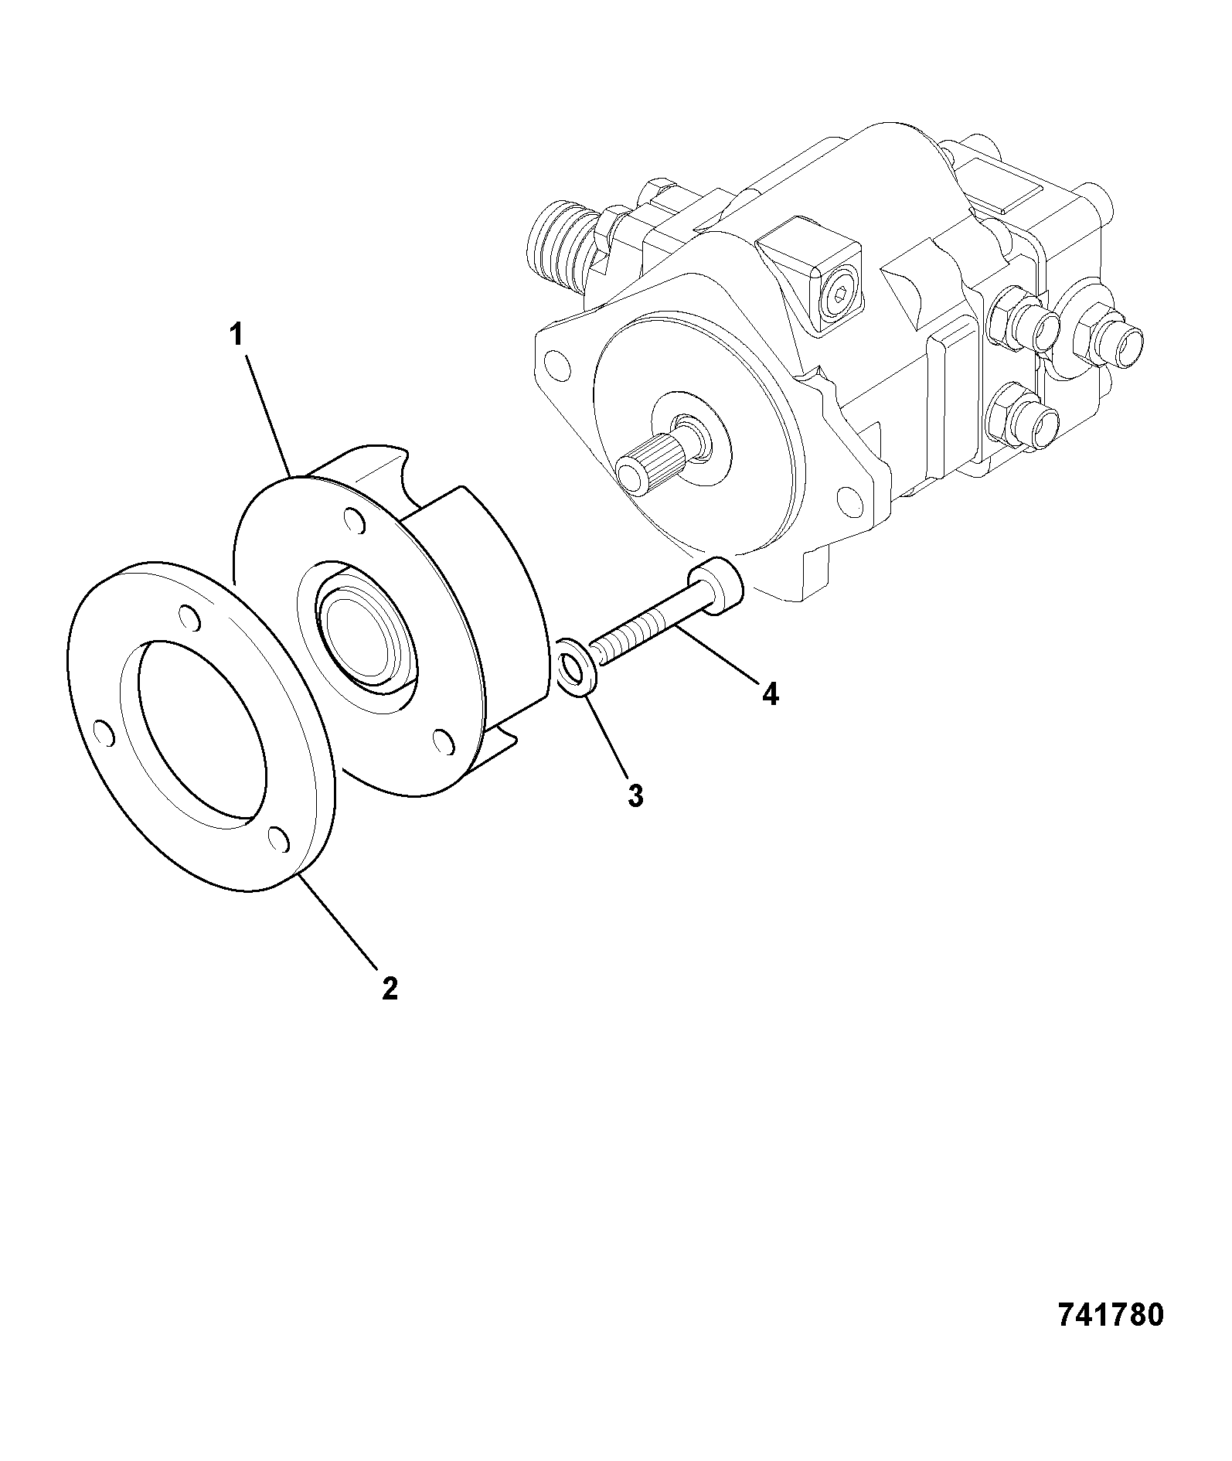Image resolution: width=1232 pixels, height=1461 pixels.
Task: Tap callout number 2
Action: [x=390, y=988]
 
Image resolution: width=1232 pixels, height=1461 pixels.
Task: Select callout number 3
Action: [x=635, y=795]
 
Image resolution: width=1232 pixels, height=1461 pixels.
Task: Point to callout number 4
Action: [x=770, y=693]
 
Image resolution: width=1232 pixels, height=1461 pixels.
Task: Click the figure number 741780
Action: [x=1109, y=1315]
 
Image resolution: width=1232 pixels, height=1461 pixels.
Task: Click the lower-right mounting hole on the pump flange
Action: [x=849, y=499]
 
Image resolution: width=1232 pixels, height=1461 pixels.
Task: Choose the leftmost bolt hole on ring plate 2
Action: [x=103, y=732]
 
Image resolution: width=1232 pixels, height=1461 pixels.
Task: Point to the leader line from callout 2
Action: [x=339, y=921]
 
